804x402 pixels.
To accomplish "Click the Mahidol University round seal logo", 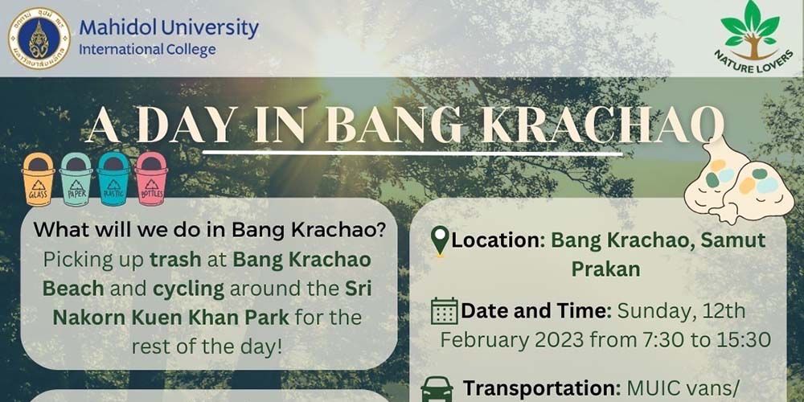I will (39, 38).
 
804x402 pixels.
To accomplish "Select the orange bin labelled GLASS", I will (38, 178).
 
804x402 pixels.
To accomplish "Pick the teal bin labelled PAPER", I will (76, 178).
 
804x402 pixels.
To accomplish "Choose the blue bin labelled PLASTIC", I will (113, 178).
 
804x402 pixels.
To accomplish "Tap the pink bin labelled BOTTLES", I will (151, 178).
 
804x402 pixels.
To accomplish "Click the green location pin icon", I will (440, 240).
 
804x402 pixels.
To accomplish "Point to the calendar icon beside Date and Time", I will (444, 310).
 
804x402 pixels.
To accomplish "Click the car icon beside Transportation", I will (437, 388).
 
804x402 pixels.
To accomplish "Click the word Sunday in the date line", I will (648, 310).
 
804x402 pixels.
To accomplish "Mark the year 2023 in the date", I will (555, 339).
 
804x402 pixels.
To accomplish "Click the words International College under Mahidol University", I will (147, 50).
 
